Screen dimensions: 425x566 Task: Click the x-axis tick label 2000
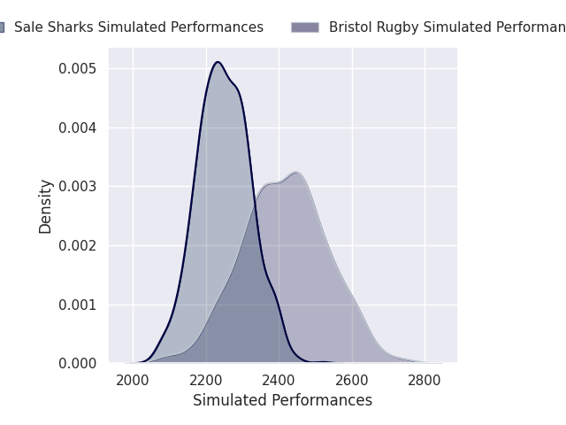coord(133,381)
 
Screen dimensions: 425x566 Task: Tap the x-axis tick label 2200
coord(206,381)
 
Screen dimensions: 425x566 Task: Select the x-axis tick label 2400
coord(279,381)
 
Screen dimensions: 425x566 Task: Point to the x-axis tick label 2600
coord(352,381)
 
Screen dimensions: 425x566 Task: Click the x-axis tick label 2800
coord(424,381)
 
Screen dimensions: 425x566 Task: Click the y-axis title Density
coord(46,206)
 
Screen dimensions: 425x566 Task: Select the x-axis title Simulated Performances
coord(282,400)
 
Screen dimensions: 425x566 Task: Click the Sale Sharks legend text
coord(139,27)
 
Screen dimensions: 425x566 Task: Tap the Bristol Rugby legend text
coord(447,27)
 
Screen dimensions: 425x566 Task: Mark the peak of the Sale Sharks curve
coord(217,62)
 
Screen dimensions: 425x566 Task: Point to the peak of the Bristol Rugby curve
coord(295,172)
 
